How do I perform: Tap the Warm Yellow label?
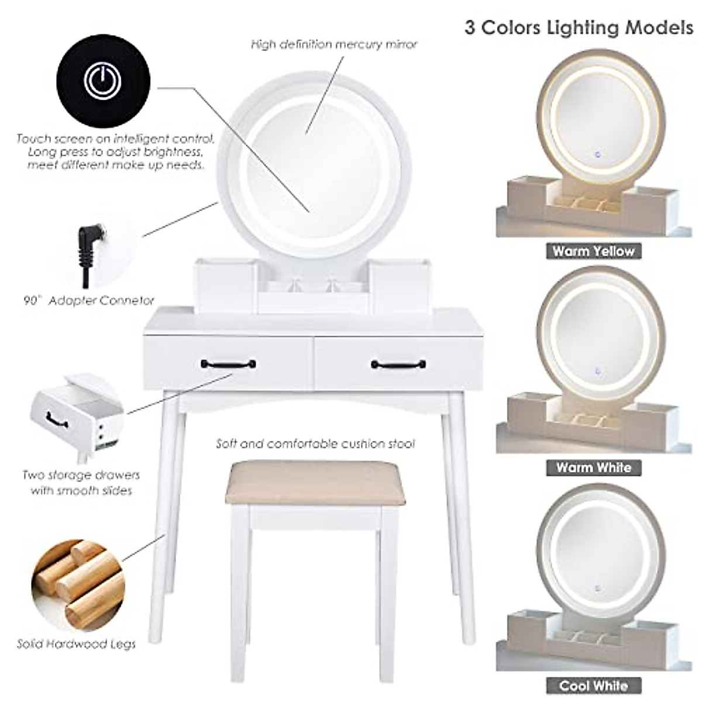tap(594, 252)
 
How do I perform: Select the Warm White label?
tap(594, 467)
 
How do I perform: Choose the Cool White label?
tap(594, 685)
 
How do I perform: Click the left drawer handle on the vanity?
tap(229, 365)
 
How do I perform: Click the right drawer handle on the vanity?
tap(398, 365)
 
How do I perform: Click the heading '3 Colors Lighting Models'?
tap(579, 27)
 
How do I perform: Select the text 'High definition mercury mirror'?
tap(334, 44)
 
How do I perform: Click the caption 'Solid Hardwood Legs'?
tap(76, 644)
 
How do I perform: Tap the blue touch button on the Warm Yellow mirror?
tap(597, 156)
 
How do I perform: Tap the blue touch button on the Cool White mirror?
tap(597, 589)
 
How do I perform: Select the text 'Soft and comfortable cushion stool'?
tap(315, 444)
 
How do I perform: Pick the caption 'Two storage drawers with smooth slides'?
tap(81, 483)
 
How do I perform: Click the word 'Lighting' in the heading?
tap(586, 27)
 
